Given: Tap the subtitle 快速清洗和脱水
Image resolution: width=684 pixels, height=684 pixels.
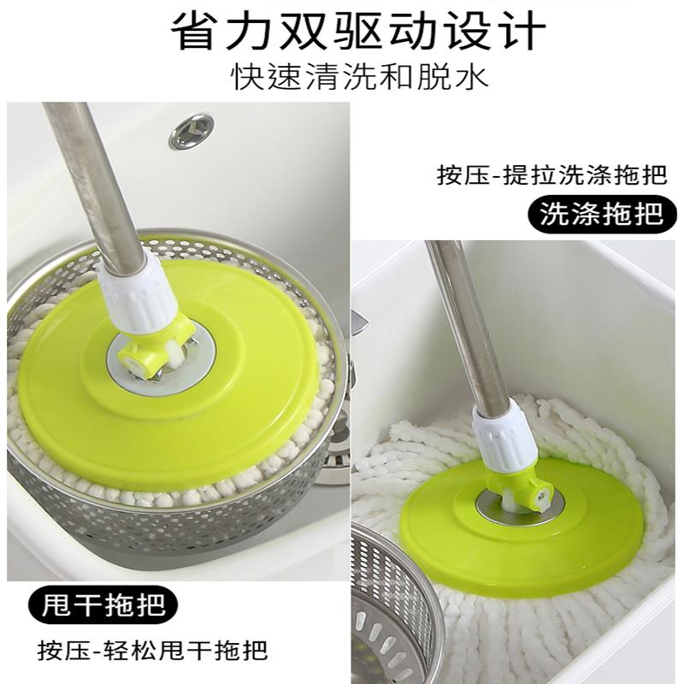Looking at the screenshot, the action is tap(358, 77).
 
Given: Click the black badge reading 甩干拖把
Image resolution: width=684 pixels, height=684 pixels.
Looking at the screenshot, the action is tap(103, 605).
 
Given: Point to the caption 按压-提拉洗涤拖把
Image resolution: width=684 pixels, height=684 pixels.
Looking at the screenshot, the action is tap(551, 175).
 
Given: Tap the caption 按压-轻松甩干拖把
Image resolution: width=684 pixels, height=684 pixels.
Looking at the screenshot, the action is tap(152, 650).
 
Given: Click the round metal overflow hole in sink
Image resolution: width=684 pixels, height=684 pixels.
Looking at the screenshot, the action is tap(192, 130).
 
